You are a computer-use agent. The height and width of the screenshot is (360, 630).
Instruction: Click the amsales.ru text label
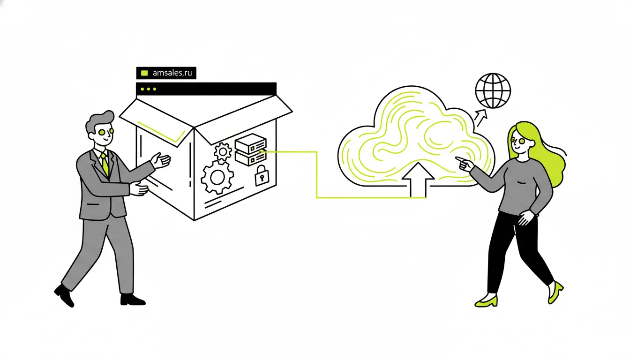(172, 73)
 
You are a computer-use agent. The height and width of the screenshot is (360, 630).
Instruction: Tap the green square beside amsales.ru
(144, 73)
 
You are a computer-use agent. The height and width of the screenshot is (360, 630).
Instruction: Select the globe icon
(493, 91)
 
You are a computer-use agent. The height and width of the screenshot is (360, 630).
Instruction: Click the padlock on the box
(262, 176)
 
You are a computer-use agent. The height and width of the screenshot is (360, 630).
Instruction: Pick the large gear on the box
(217, 178)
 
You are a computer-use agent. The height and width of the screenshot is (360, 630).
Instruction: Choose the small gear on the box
(223, 151)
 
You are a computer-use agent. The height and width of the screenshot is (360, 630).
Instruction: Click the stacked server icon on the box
(251, 150)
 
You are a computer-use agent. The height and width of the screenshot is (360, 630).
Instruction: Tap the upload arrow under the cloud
(418, 180)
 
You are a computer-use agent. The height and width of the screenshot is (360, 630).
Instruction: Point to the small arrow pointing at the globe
(481, 118)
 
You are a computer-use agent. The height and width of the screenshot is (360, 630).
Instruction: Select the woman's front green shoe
(486, 300)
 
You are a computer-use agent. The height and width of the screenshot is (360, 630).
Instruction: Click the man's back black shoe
(65, 295)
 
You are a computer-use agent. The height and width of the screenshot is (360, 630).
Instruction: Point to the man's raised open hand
(160, 161)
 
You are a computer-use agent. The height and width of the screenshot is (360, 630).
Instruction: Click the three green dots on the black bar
(148, 89)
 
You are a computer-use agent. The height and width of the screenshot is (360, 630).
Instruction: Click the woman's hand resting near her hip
(525, 217)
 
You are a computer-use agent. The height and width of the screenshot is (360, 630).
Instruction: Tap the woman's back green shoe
(555, 292)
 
